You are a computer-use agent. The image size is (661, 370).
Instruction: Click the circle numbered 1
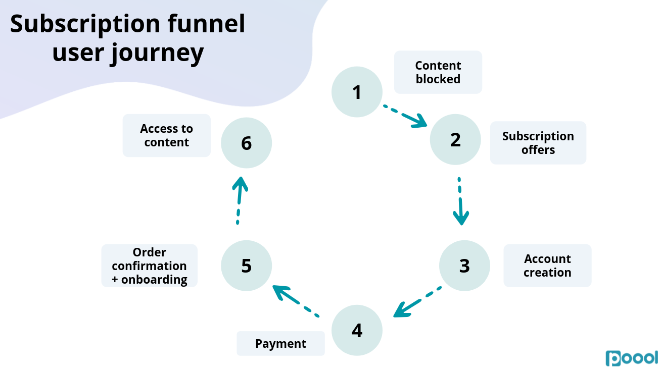(357, 92)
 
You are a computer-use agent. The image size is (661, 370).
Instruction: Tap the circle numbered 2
(455, 139)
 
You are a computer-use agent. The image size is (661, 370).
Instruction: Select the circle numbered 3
(464, 266)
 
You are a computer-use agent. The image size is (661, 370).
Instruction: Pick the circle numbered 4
(357, 330)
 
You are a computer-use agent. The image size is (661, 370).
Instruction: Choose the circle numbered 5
(247, 266)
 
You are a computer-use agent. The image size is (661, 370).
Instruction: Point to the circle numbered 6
(247, 143)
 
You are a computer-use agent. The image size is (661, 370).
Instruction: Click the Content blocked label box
(438, 72)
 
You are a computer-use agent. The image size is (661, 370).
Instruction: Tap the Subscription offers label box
(538, 143)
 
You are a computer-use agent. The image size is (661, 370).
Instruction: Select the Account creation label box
(547, 266)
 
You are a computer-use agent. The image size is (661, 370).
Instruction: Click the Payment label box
(280, 344)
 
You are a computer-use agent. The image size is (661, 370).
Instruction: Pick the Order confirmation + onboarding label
(150, 266)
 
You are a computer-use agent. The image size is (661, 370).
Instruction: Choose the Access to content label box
(166, 135)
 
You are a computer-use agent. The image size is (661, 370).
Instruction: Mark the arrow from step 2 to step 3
(460, 201)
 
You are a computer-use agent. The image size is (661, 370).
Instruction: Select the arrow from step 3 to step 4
(417, 302)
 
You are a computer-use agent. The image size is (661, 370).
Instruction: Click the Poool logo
(632, 357)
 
